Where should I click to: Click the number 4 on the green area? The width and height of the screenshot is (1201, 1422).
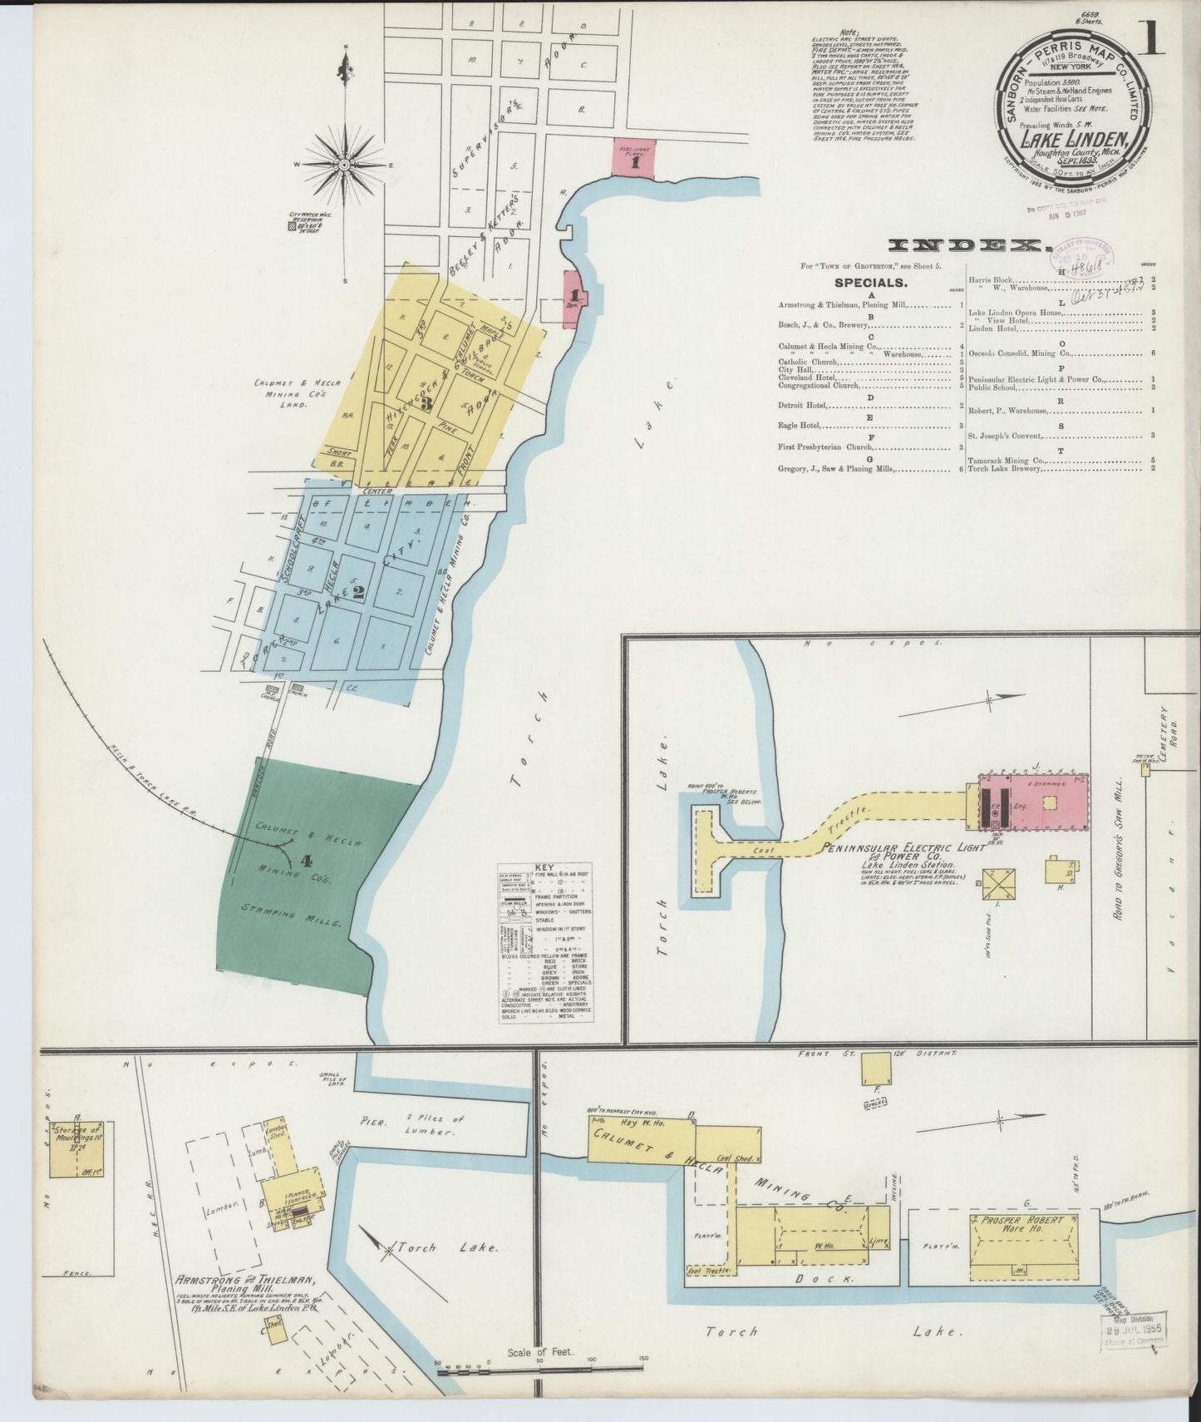coord(306,861)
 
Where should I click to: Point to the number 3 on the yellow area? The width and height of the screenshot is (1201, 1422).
coord(426,404)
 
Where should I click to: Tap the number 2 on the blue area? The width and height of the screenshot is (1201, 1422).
coord(359,592)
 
